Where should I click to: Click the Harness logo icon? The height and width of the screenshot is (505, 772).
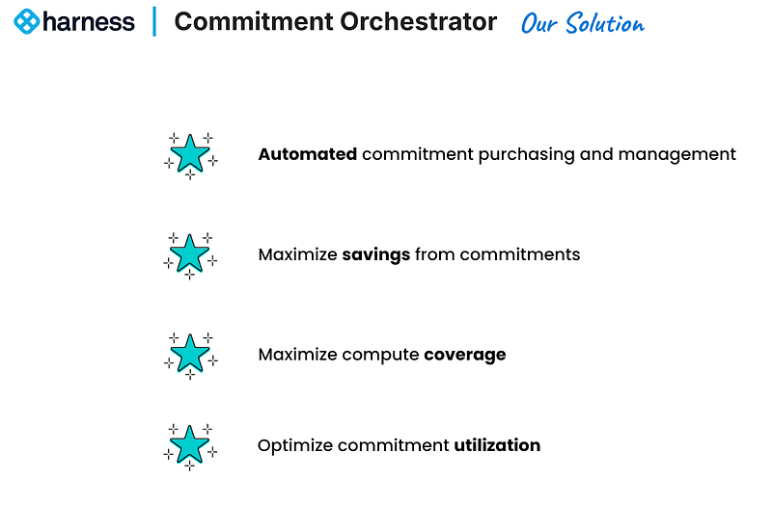pos(27,21)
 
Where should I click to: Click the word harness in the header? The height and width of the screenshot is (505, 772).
pos(89,21)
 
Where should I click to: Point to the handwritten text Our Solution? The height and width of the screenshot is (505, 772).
pos(582,22)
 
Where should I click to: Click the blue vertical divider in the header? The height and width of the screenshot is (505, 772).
pos(154,21)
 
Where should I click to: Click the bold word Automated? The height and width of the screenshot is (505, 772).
pos(308,154)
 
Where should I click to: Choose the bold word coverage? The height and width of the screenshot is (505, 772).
pos(465,355)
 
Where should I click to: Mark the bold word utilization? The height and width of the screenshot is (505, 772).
pos(497,445)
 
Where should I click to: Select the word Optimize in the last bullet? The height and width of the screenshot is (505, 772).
pos(293,445)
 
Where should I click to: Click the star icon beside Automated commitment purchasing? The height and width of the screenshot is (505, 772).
pos(190,154)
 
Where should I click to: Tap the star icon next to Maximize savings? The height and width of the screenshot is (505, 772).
pos(190,254)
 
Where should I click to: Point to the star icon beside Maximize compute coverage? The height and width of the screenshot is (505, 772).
pos(190,354)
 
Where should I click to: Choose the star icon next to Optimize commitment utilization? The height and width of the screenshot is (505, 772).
pos(190,445)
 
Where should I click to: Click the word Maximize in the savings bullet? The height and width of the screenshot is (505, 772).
pos(297,254)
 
